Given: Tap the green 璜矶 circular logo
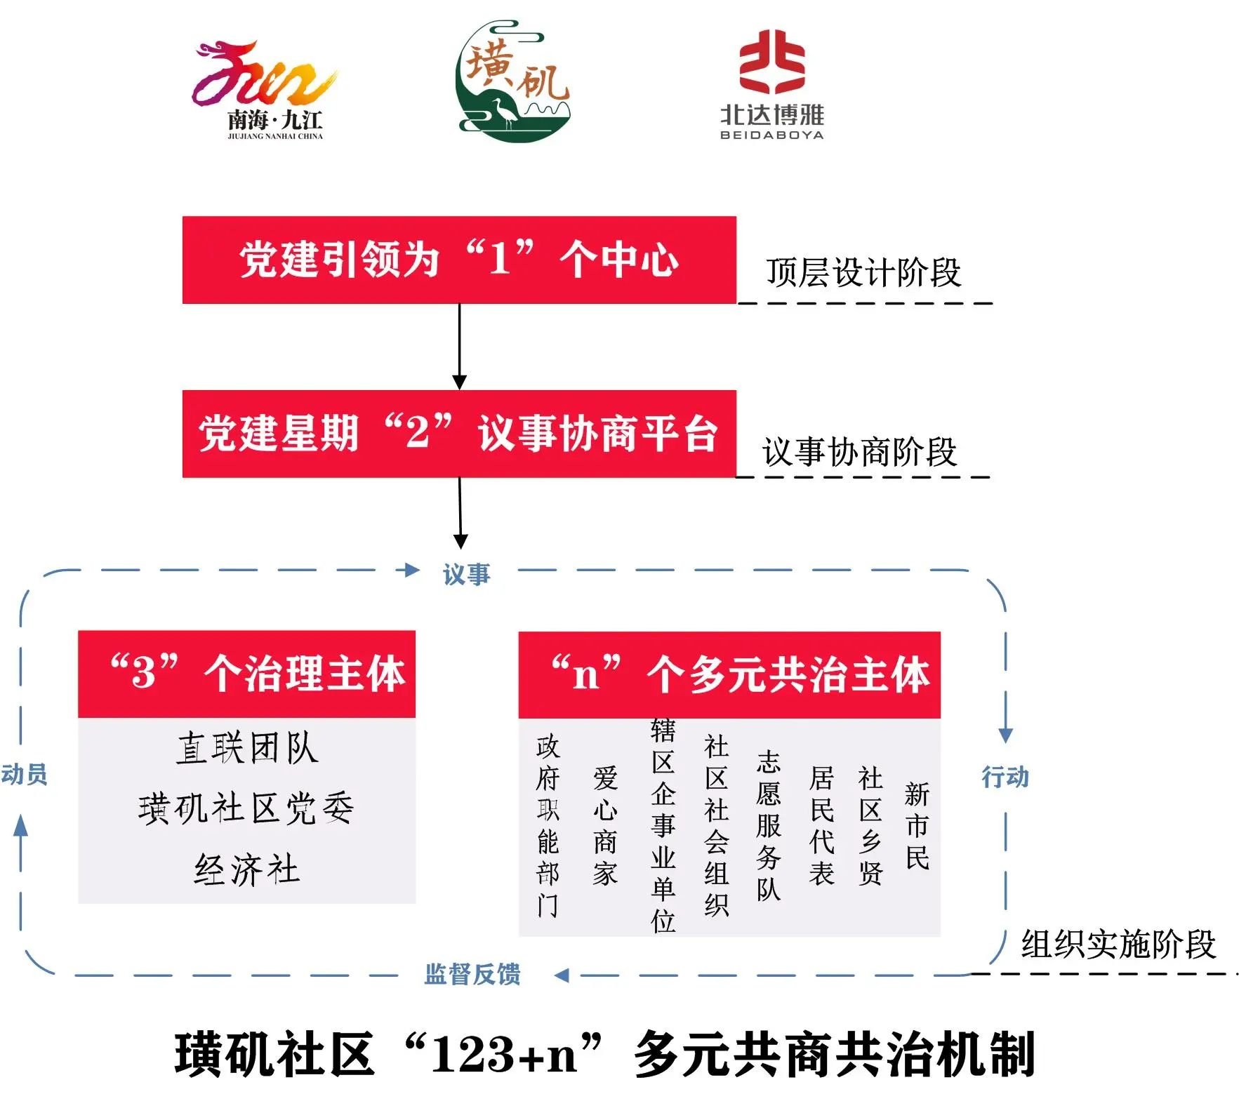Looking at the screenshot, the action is pos(512,81).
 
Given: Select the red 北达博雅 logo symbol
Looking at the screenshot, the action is pos(771,62).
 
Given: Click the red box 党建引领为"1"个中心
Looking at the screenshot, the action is pos(459,260).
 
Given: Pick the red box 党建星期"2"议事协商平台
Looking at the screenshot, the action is pos(459,434).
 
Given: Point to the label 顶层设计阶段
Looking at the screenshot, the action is pos(863,272).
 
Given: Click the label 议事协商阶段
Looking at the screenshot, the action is pos(860,451).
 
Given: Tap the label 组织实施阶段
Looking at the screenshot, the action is pos(1118,944).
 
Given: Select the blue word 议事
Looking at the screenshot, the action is pos(466,574).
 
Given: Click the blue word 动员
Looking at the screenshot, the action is pos(24,774).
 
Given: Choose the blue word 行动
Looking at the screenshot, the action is pos(1005,777).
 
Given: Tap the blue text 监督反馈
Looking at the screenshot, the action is pos(472,974).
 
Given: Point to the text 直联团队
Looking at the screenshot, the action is pos(247,747).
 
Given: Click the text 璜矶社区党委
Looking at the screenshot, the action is pos(246,808).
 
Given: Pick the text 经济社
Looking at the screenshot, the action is pos(247,869).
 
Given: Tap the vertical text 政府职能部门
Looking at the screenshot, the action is pos(548,826).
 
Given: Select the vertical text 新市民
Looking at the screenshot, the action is pos(917,826).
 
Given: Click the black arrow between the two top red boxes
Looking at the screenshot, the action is pos(459,347).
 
